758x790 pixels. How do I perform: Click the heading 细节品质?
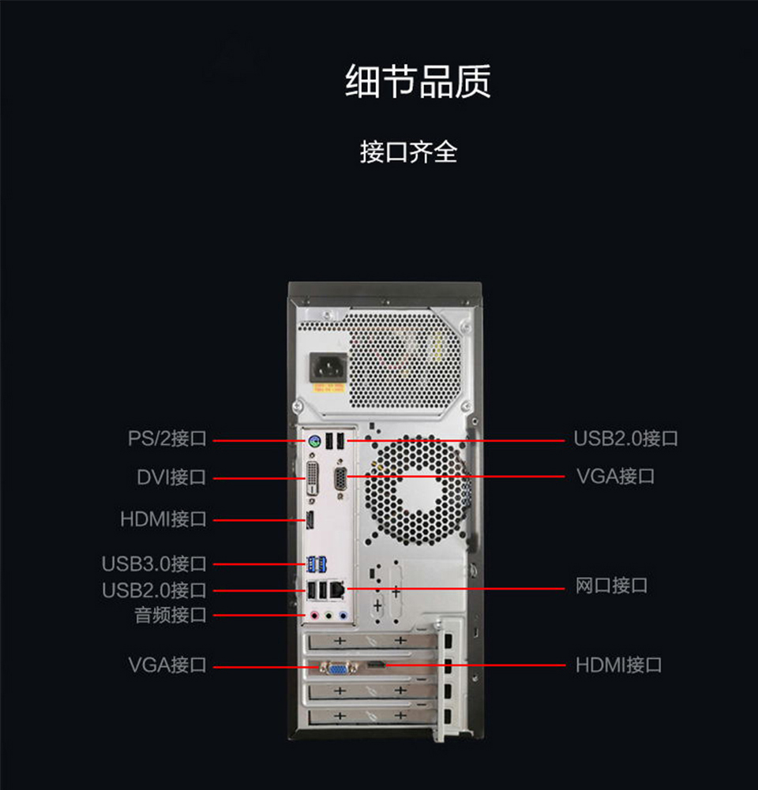pos(418,81)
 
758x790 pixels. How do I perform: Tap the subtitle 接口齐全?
pos(408,152)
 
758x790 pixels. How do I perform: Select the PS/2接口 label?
pos(167,438)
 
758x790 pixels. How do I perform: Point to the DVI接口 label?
pos(171,477)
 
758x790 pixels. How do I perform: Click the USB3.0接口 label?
pos(154,563)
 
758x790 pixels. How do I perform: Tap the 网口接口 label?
pos(611,586)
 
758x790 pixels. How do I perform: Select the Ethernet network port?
pos(338,589)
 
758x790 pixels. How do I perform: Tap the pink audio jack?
pos(313,615)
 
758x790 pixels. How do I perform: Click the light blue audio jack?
pos(343,615)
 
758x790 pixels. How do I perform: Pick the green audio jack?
pos(328,615)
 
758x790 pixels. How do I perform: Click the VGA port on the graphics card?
pos(336,668)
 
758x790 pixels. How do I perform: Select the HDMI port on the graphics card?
pos(377,666)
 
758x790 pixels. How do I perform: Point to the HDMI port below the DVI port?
pos(311,520)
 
